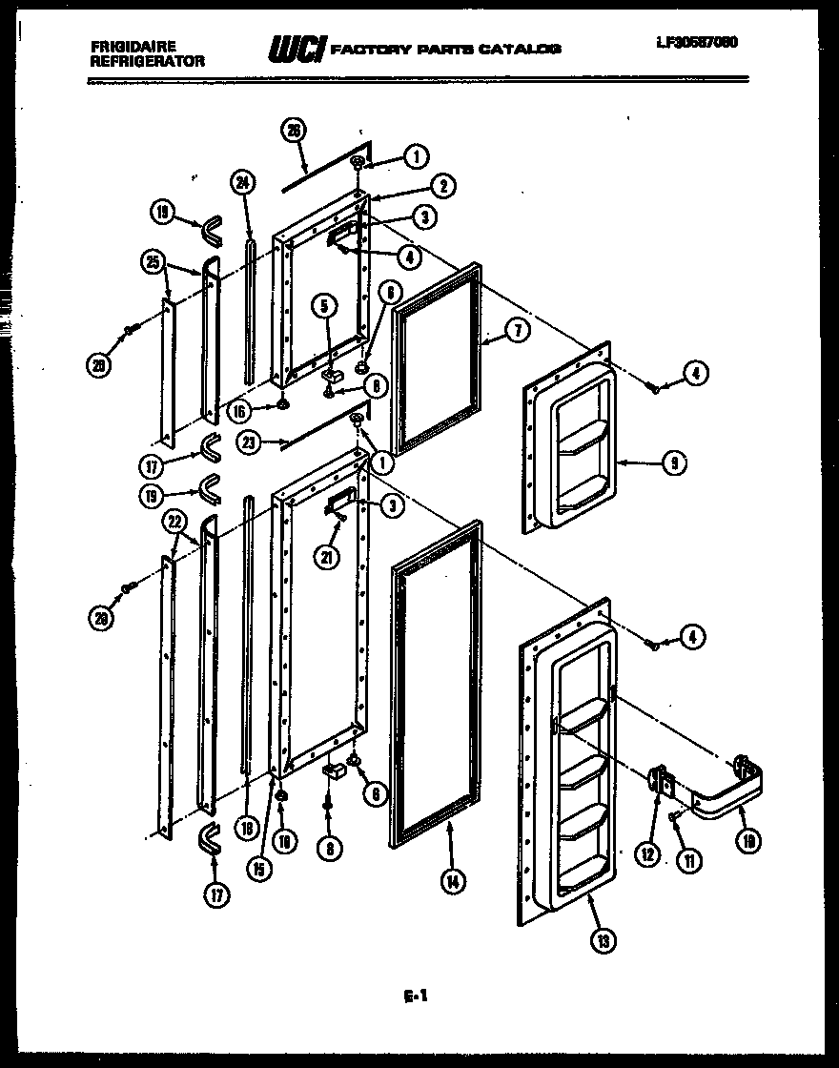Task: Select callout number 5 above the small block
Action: click(x=324, y=306)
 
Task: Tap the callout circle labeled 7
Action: click(x=516, y=331)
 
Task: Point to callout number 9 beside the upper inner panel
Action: click(x=673, y=464)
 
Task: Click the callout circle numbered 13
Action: click(x=602, y=940)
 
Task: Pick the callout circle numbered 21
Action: click(x=330, y=557)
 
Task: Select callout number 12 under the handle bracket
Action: click(x=647, y=855)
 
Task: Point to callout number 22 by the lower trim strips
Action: click(x=174, y=521)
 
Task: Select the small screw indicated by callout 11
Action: click(x=673, y=815)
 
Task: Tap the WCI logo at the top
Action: click(x=297, y=47)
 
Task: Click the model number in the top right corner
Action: click(x=696, y=42)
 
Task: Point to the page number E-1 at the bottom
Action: click(x=415, y=996)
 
